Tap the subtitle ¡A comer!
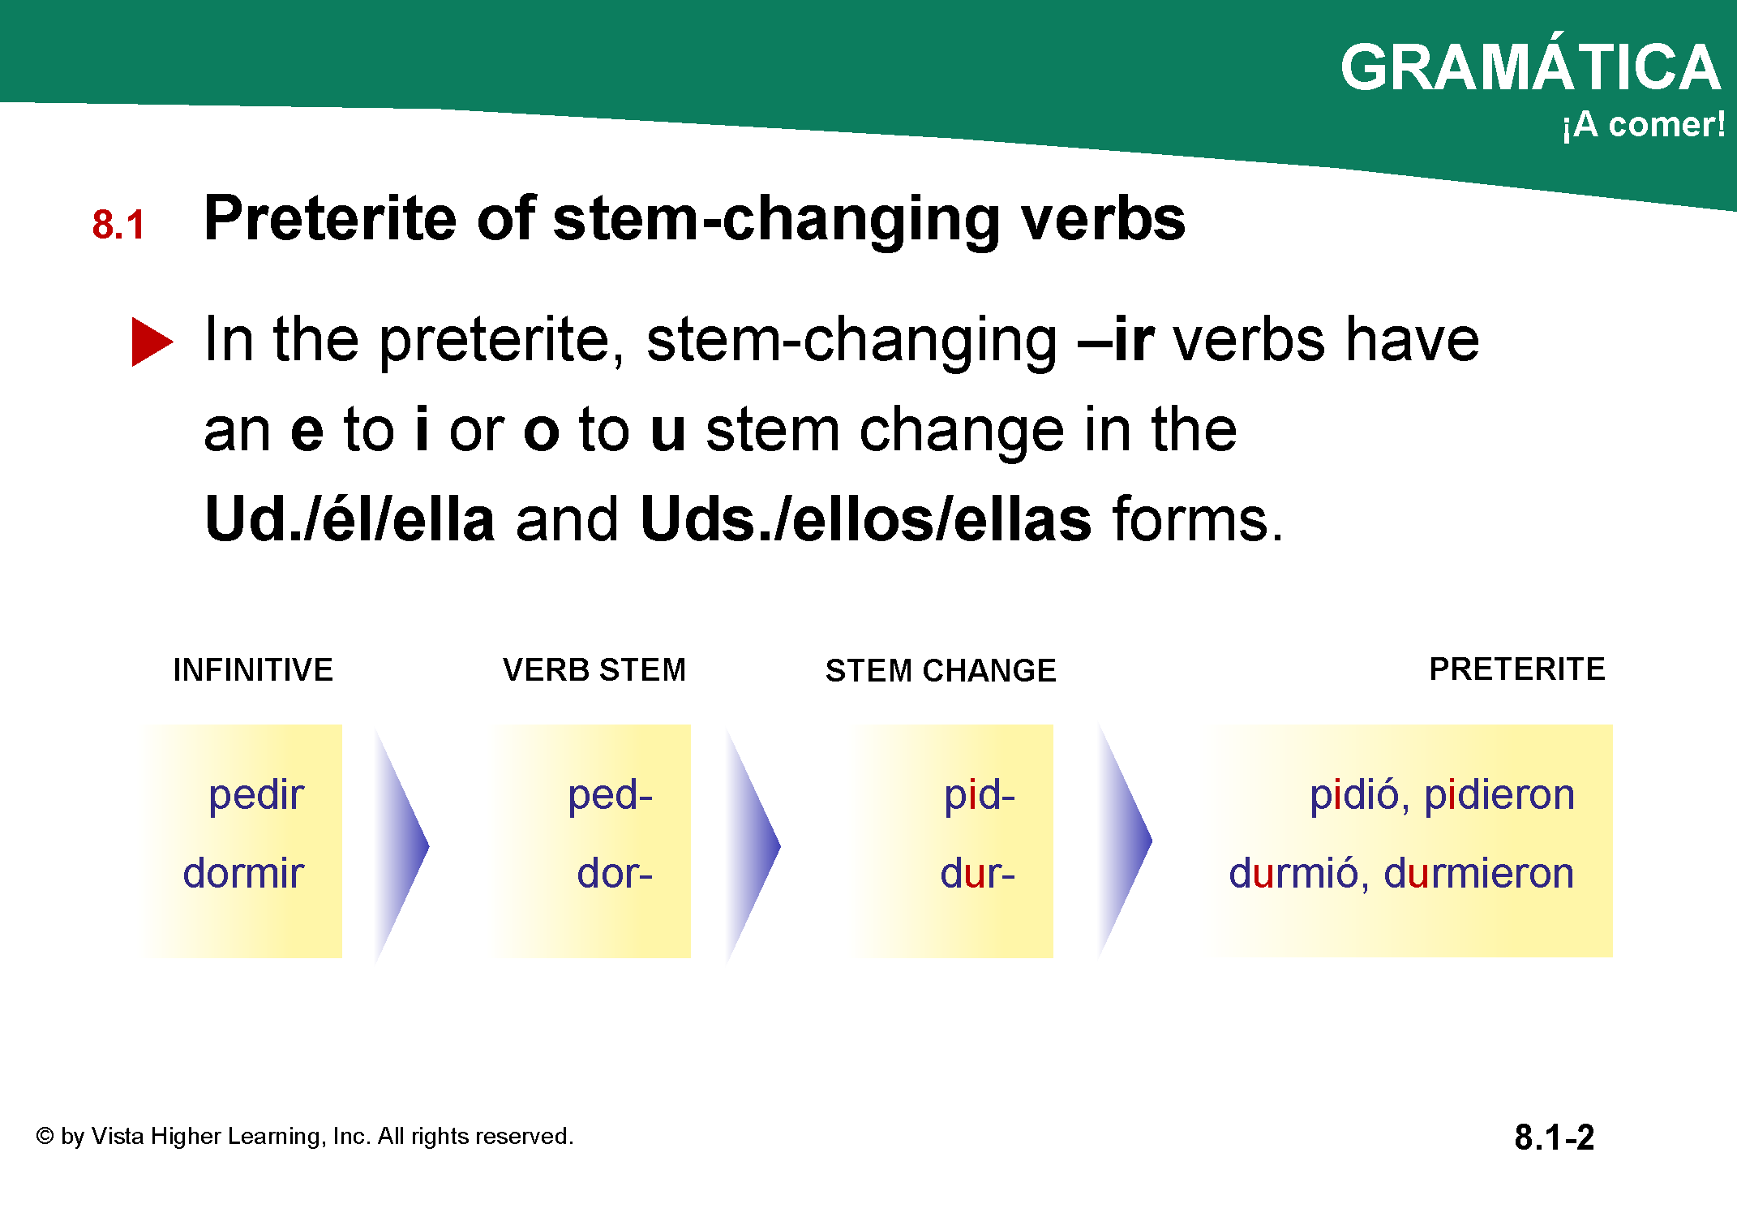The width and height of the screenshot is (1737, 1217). click(1644, 125)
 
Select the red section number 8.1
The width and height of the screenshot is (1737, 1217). click(118, 225)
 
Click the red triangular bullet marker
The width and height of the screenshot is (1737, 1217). click(152, 342)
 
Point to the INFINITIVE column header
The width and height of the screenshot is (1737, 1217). click(253, 670)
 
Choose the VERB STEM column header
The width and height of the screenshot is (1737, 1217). click(594, 670)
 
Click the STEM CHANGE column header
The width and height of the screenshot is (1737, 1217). click(941, 671)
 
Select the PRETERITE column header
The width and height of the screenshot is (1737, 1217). click(1517, 669)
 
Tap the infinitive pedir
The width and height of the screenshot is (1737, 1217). click(256, 795)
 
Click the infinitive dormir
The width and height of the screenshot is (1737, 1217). click(243, 873)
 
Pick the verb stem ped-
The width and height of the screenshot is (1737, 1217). click(610, 795)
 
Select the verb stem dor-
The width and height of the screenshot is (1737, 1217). click(615, 873)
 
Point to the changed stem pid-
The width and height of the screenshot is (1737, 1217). click(980, 795)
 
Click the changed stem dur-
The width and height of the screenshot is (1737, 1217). click(977, 873)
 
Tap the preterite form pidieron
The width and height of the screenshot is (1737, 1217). click(1499, 795)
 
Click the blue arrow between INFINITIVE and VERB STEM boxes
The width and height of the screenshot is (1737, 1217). click(401, 845)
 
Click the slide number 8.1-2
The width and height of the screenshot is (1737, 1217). click(1554, 1137)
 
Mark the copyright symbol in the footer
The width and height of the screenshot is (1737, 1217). click(45, 1137)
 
